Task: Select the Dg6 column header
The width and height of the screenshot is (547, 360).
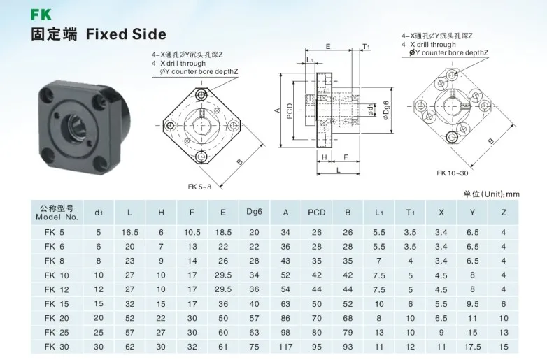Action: (x=254, y=212)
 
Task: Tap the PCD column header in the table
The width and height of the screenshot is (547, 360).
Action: (x=317, y=212)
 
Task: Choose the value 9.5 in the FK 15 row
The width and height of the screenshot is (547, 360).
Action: (x=473, y=304)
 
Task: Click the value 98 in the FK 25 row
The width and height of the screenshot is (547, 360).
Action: (x=285, y=333)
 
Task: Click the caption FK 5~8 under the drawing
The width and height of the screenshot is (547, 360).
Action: (x=199, y=187)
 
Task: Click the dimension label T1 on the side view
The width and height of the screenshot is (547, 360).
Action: (x=367, y=47)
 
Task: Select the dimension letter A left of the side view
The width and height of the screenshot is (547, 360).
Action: (x=278, y=110)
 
